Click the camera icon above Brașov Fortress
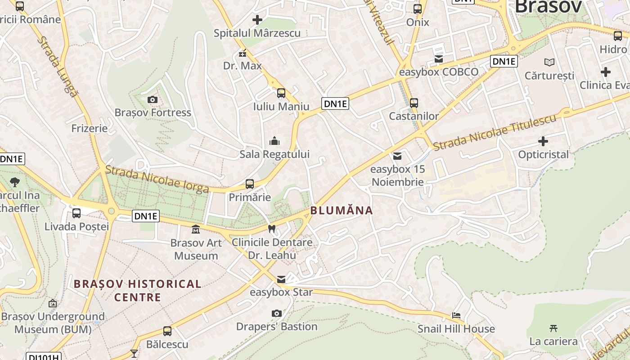153,99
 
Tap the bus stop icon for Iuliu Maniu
281,93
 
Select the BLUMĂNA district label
342,210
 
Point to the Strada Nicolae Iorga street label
157,179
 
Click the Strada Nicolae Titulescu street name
495,132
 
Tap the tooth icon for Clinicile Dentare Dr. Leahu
271,229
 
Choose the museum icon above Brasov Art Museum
196,229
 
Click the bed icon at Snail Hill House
456,315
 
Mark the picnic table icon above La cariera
553,328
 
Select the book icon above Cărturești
549,62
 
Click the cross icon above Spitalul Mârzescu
257,20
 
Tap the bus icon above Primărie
250,184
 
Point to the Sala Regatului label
274,154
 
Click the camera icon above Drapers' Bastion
277,313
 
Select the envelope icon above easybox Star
281,279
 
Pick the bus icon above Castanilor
414,103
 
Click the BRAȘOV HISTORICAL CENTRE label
137,290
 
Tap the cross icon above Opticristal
543,141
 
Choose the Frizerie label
90,128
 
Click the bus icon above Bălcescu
167,331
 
